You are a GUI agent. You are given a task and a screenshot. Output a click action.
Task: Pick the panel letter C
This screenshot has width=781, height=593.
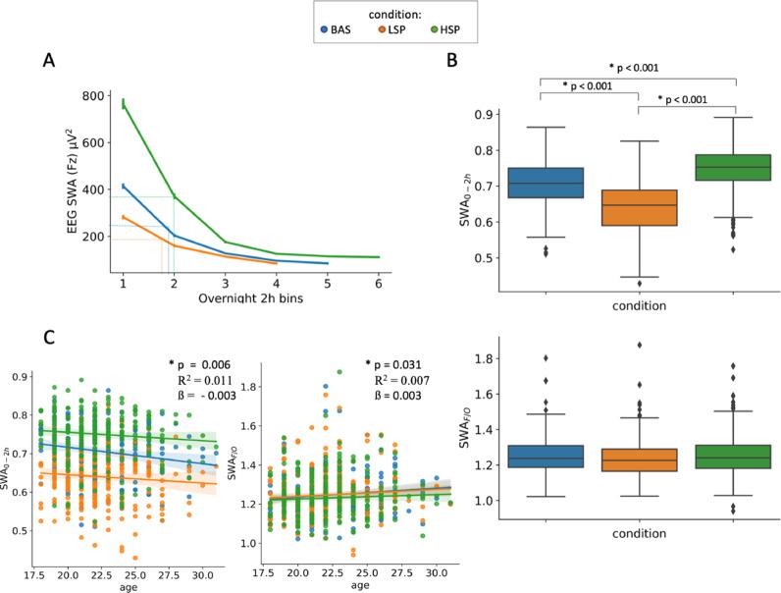(47, 335)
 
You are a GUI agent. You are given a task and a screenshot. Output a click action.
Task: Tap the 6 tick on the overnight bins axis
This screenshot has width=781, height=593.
(379, 283)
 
